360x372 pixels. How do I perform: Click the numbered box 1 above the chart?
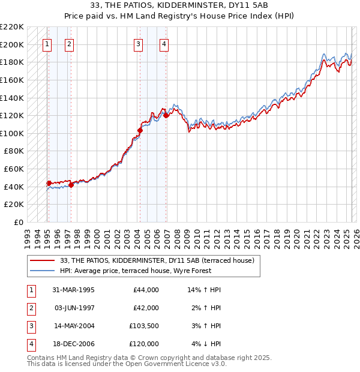[47, 43]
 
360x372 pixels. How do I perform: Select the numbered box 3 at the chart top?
[139, 43]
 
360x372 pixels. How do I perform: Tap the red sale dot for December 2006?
[166, 115]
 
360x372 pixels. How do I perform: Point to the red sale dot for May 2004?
[140, 130]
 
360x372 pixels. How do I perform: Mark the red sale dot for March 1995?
[49, 183]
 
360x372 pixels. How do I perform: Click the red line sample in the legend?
[43, 260]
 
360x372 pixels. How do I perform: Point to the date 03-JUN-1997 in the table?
[70, 308]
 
